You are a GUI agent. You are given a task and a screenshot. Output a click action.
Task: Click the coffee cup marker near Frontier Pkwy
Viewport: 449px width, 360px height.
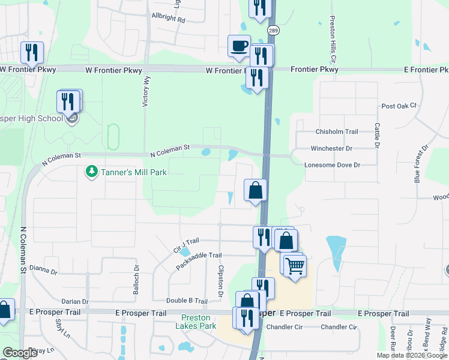tap(239, 46)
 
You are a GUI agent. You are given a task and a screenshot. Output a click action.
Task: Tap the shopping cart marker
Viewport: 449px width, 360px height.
tap(295, 265)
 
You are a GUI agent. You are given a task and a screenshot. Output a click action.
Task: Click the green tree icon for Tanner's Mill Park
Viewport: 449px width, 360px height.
tap(91, 172)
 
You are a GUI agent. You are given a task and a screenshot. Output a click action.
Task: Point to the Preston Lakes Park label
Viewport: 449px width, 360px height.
tap(196, 322)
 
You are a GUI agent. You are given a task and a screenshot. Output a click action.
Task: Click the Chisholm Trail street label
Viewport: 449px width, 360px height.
tap(336, 132)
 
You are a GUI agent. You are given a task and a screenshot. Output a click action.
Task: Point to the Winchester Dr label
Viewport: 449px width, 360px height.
tap(331, 148)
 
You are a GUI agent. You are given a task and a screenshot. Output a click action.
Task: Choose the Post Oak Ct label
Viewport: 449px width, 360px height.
tap(399, 106)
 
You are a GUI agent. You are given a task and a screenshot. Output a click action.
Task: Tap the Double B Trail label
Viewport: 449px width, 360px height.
tap(187, 301)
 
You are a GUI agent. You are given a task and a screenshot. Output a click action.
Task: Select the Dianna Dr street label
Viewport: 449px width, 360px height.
tap(43, 271)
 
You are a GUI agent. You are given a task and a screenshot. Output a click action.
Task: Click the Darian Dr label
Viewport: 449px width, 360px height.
tap(74, 301)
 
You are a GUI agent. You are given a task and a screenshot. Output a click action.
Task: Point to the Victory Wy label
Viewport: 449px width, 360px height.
tap(146, 91)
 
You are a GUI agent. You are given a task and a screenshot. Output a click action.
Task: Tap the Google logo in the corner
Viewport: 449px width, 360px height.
tap(20, 353)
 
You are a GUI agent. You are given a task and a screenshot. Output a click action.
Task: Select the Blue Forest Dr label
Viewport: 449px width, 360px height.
tap(421, 163)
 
